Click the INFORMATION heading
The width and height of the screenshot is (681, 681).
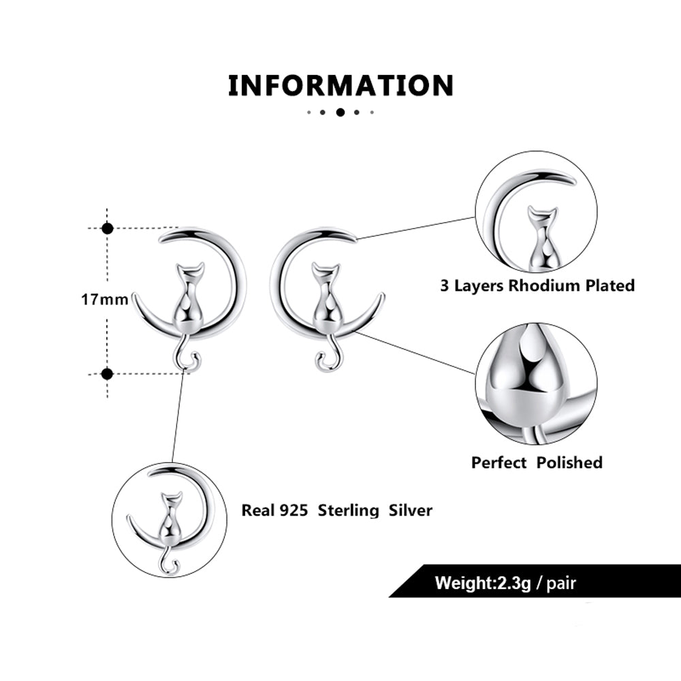coord(340,86)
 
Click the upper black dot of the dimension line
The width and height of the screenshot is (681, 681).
coord(107,228)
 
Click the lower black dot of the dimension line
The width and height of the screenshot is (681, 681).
coord(107,373)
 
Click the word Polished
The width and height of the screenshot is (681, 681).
coord(569,462)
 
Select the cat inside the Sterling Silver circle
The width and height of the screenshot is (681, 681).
coord(169,521)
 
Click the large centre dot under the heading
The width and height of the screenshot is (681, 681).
coord(340,112)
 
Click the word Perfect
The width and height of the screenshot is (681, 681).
coord(499,462)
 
